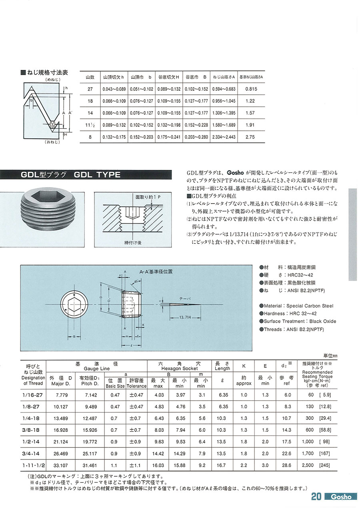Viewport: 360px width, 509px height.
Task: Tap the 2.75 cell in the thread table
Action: (x=250, y=137)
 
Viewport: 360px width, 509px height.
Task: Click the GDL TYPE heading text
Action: (x=97, y=175)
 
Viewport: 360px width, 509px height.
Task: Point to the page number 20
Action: (x=316, y=497)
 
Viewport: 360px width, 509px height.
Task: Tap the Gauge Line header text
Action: (x=96, y=368)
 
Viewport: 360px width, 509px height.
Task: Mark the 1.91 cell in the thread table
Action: (x=250, y=125)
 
